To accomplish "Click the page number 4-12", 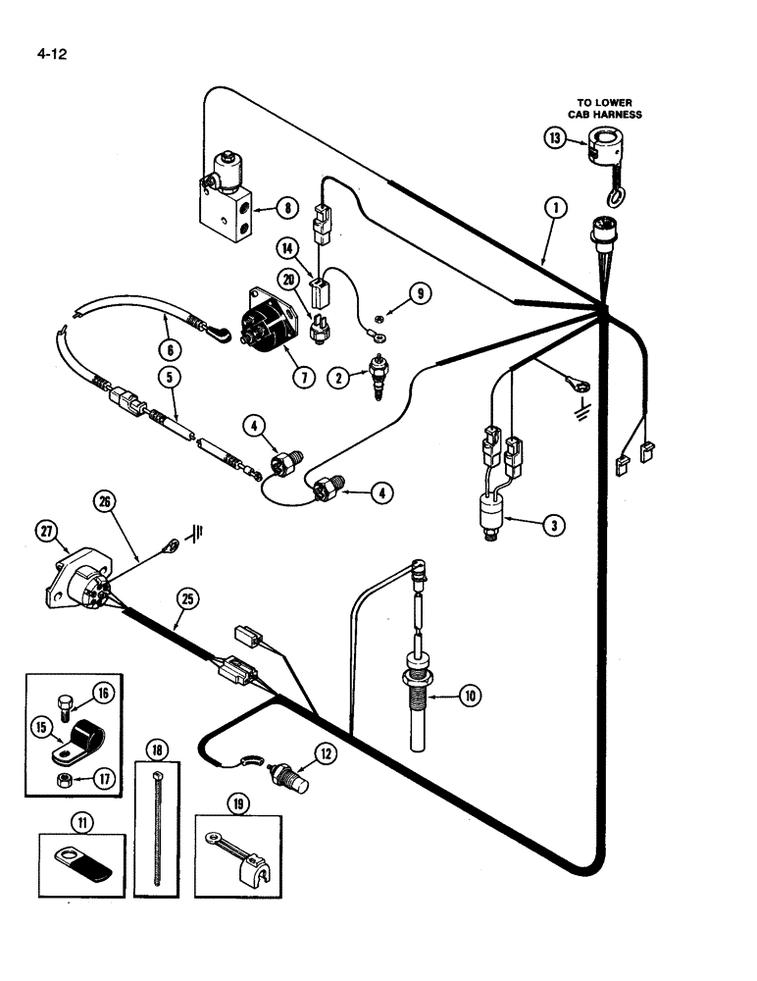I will click(48, 46).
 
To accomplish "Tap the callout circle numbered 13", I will click(556, 138).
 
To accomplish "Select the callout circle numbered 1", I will click(555, 207).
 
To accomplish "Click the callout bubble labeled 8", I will click(286, 207).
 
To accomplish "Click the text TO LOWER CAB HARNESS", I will click(608, 108).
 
